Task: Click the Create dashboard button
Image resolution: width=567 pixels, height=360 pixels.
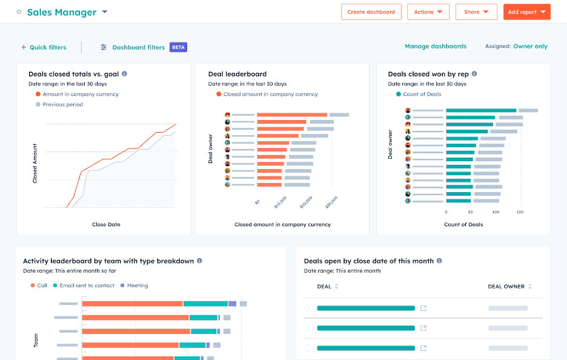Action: coord(371,12)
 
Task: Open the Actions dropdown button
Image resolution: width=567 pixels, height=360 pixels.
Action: coord(428,12)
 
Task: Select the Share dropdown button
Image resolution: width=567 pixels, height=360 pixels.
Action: coord(476,12)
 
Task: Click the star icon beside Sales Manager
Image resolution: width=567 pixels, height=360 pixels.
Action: coord(19,12)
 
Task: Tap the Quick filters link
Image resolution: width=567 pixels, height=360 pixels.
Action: coord(44,47)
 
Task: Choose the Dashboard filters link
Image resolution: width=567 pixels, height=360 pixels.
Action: coord(138,47)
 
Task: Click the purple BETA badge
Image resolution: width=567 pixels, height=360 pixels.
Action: coord(178,47)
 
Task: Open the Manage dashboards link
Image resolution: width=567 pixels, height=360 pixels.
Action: coord(436,46)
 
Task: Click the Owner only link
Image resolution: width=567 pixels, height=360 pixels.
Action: coord(530,46)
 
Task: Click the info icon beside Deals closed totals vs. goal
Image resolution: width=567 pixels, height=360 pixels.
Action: coord(124,74)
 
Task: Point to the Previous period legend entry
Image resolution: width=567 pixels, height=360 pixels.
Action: coord(62,104)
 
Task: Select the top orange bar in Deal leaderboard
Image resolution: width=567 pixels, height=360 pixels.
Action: coord(292,115)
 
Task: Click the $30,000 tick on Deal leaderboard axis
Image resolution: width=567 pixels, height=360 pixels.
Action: coord(331,202)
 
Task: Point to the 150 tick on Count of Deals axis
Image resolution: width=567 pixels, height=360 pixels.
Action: coord(520,212)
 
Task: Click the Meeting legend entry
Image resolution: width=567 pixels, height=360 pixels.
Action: coord(137,285)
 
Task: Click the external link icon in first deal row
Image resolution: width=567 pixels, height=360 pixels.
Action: coord(423,308)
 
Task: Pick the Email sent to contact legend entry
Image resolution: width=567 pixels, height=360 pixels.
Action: coord(87,285)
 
